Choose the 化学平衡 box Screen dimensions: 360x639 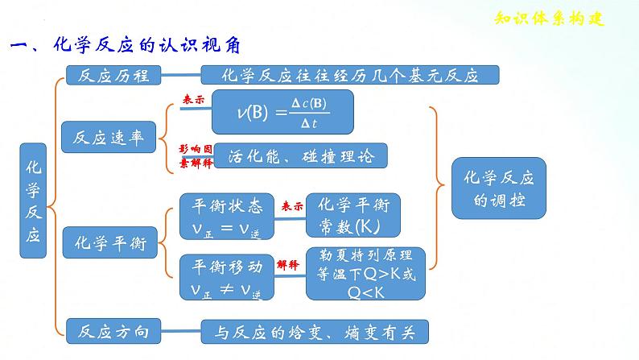coord(110,244)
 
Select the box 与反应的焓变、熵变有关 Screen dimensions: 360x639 coord(314,330)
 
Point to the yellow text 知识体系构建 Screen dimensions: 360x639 coord(547,20)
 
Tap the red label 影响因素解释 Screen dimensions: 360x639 coord(196,155)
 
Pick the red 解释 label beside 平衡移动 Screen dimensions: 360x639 coord(287,263)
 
